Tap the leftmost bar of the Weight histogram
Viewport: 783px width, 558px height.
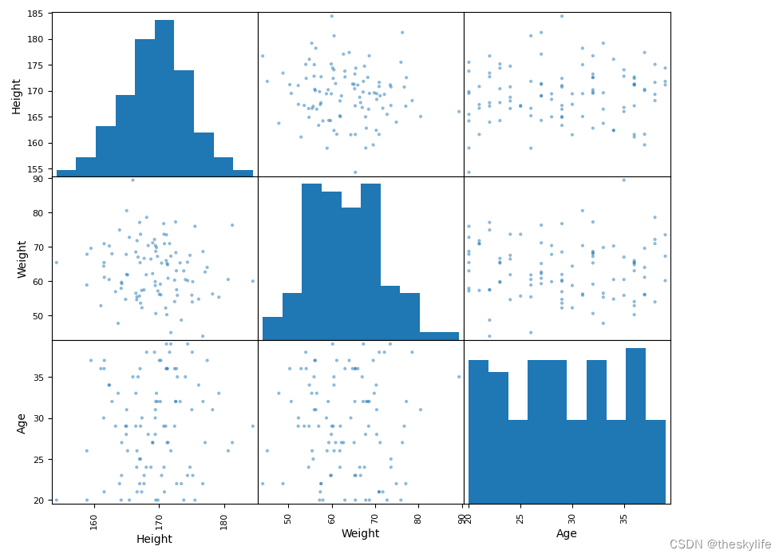coord(272,328)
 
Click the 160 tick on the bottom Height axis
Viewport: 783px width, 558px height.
coord(94,519)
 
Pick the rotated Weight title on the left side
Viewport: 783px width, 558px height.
coord(22,259)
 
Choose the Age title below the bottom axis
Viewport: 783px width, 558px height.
coord(567,533)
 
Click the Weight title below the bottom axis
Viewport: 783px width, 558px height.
coord(360,533)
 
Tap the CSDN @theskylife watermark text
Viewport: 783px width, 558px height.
coord(720,544)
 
